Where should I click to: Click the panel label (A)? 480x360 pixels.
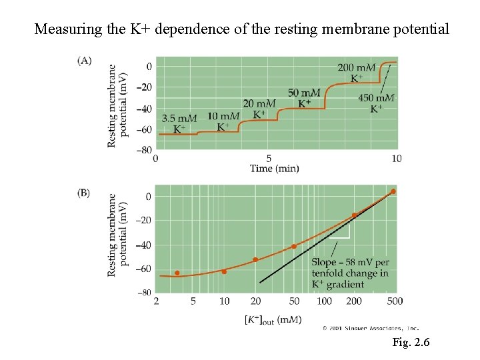point(85,61)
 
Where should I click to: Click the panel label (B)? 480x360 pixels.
point(84,193)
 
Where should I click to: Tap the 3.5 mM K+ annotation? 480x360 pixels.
point(179,123)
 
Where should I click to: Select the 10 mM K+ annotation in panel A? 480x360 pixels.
point(223,121)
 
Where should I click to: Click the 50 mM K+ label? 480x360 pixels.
point(304,97)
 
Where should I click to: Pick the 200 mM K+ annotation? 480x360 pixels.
point(356,72)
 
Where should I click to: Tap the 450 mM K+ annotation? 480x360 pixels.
point(376,103)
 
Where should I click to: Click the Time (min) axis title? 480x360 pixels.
point(275,169)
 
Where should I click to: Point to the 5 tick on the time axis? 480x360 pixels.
point(269,159)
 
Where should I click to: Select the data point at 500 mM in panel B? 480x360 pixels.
point(393,191)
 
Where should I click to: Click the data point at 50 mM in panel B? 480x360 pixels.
point(294,247)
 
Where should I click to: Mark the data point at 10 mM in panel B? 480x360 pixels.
point(224,271)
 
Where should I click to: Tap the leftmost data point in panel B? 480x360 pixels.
point(177,273)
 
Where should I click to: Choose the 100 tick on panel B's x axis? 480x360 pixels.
point(324,301)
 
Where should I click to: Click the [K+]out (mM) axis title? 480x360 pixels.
point(274,319)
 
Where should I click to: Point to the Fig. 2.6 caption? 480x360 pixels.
point(411,343)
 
